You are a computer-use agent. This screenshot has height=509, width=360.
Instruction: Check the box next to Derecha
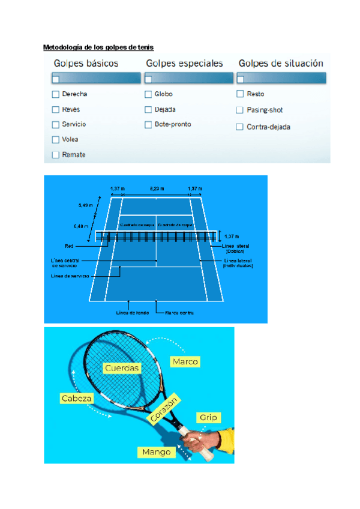click(56, 94)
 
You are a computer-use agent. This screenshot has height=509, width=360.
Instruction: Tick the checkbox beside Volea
click(56, 139)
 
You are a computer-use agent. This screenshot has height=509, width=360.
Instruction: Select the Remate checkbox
click(56, 155)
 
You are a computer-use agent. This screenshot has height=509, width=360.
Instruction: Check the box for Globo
click(148, 94)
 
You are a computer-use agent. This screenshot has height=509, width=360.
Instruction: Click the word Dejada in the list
click(165, 110)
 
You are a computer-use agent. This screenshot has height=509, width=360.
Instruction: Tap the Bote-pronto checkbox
click(148, 125)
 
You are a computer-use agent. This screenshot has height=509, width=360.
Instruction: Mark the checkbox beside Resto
click(241, 94)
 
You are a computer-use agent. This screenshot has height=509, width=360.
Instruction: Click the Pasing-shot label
click(265, 110)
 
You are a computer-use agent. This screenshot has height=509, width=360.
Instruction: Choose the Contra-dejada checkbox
click(241, 127)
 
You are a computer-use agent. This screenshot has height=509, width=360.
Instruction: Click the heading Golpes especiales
click(184, 63)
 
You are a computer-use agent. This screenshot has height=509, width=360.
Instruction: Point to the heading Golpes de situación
click(281, 63)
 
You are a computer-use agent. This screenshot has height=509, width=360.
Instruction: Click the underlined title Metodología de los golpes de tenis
click(99, 47)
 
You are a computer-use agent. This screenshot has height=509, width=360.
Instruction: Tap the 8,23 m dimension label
click(156, 189)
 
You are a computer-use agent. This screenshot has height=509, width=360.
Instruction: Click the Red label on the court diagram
click(69, 246)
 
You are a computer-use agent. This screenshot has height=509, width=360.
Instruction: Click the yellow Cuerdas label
click(122, 368)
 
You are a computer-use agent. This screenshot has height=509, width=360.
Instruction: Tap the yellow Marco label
click(185, 361)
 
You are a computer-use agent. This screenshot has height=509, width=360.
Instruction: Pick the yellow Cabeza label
click(77, 398)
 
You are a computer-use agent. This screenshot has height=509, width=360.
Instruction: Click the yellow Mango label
click(156, 452)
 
